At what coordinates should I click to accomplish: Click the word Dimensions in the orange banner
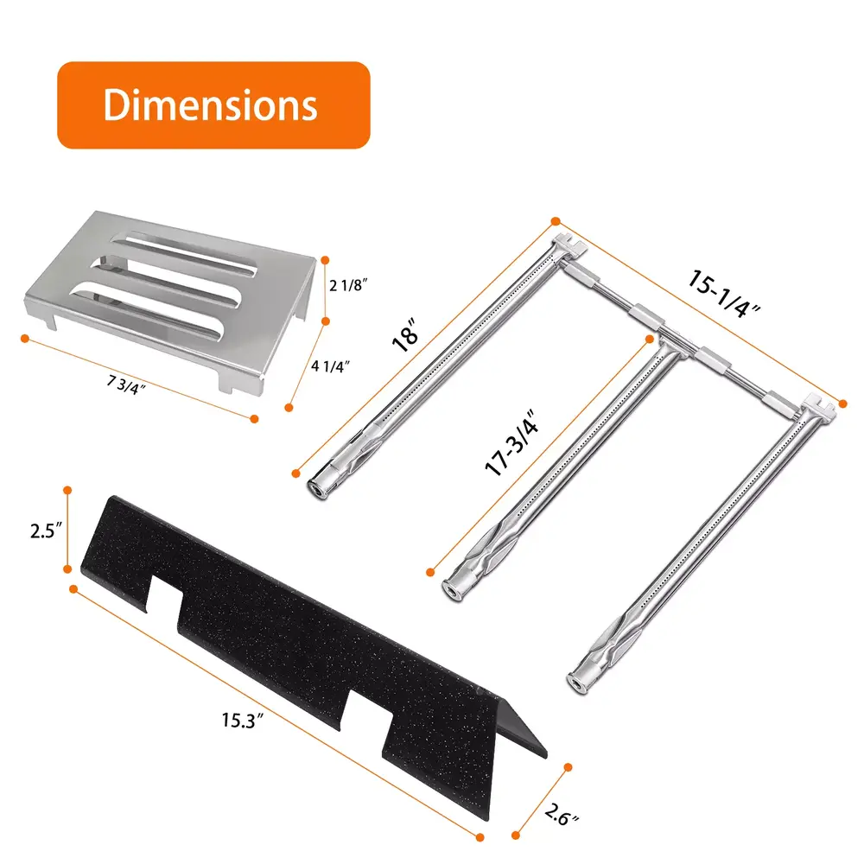pyautogui.click(x=210, y=105)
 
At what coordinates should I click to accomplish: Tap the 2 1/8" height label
pyautogui.click(x=348, y=285)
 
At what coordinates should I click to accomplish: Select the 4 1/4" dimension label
pyautogui.click(x=331, y=365)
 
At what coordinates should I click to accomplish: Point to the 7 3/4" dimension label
pyautogui.click(x=126, y=384)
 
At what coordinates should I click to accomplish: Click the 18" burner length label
pyautogui.click(x=405, y=334)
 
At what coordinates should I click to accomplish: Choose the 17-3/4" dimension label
pyautogui.click(x=511, y=442)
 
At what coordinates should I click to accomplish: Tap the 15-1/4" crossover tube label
pyautogui.click(x=723, y=293)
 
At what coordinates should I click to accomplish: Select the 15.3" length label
pyautogui.click(x=243, y=720)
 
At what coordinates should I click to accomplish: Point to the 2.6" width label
pyautogui.click(x=562, y=815)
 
